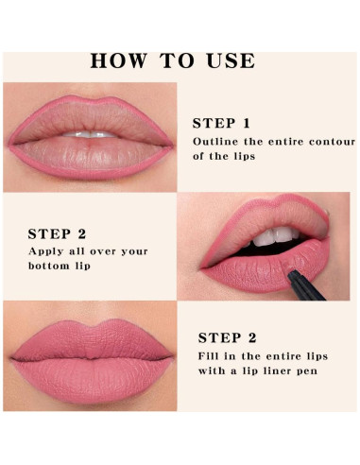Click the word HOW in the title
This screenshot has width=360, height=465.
click(x=119, y=60)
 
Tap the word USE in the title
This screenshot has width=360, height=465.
click(x=231, y=60)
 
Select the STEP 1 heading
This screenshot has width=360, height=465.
click(x=221, y=123)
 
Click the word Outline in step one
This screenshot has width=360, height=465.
click(x=215, y=142)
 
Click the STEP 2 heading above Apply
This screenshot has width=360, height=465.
click(x=57, y=234)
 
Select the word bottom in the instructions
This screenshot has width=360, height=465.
click(x=49, y=266)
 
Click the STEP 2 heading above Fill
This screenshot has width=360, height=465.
click(x=227, y=338)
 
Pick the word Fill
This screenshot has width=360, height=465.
click(x=208, y=356)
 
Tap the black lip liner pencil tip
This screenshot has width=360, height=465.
click(x=290, y=274)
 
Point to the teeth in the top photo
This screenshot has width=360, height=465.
click(x=90, y=134)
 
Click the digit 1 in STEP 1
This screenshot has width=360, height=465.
click(x=247, y=123)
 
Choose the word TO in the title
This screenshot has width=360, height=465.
click(x=177, y=60)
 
